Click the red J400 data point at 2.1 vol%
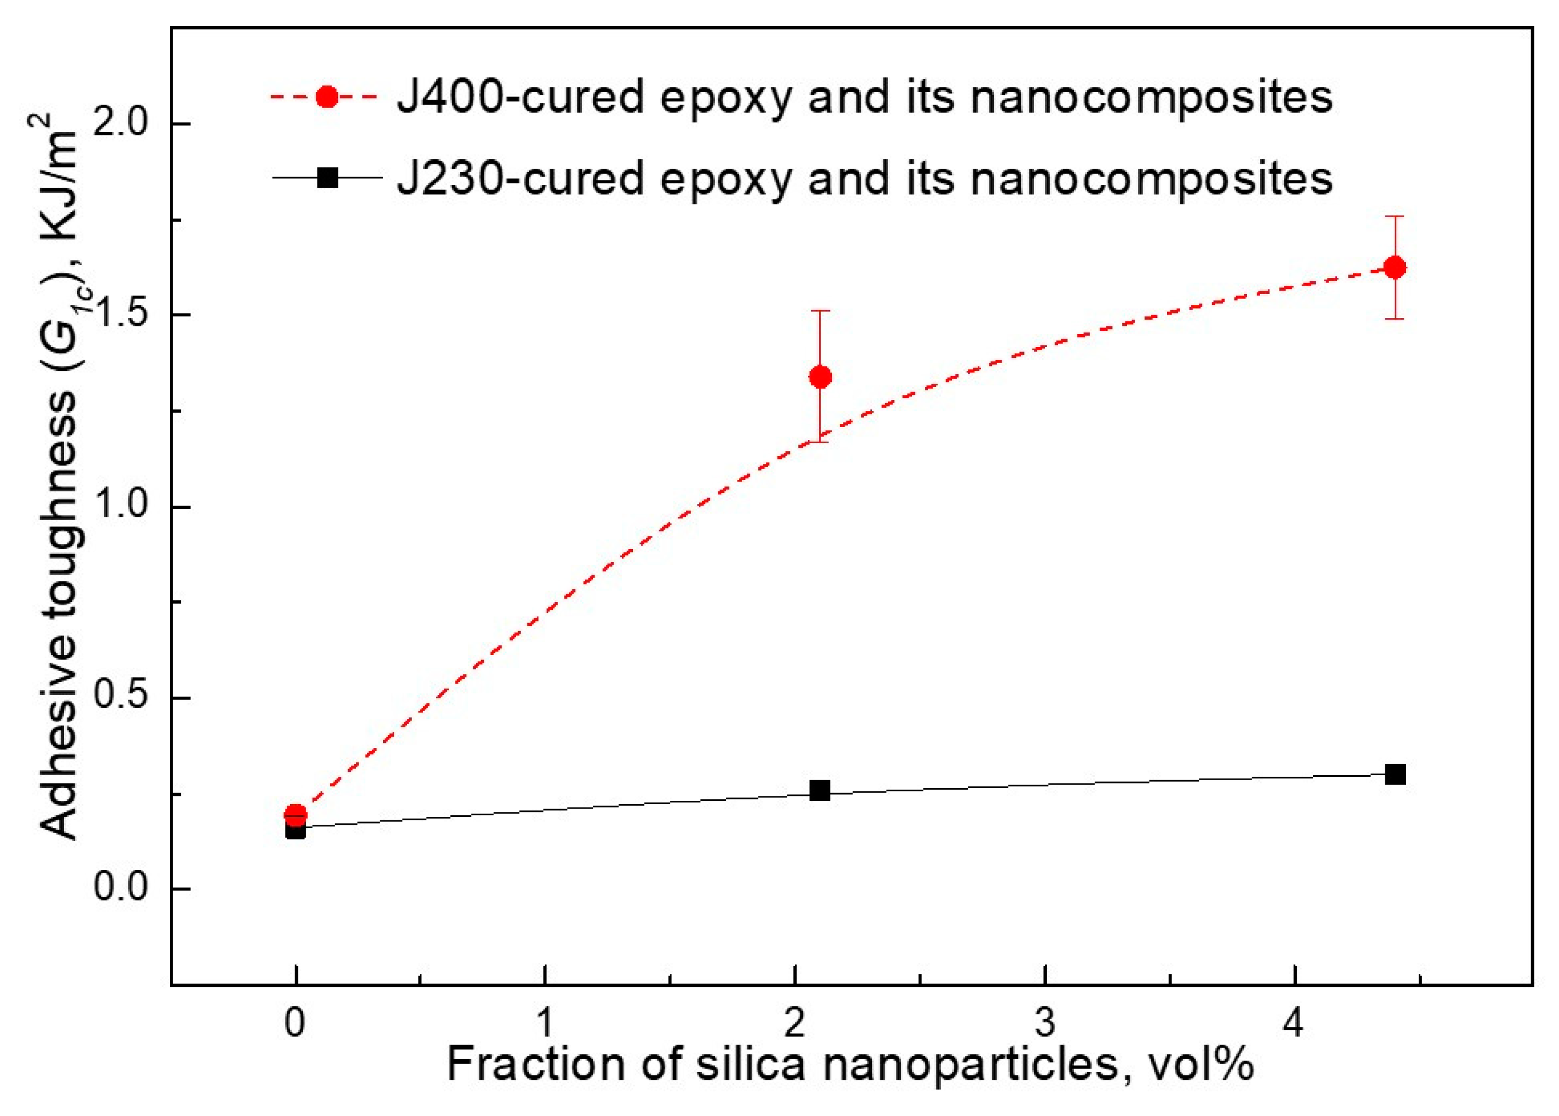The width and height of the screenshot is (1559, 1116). [x=820, y=376]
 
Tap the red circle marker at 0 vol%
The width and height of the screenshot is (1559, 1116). [x=296, y=815]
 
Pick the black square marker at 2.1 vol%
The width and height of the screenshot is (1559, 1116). [x=820, y=791]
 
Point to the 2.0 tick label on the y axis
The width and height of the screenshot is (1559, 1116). [x=121, y=124]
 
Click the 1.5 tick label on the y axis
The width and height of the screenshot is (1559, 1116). [x=121, y=315]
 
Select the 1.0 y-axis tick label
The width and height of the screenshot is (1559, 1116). [x=121, y=506]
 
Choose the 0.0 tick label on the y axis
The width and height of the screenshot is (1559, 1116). [x=121, y=889]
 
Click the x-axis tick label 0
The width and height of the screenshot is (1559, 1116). [x=296, y=1025]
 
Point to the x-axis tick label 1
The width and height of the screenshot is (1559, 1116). [x=545, y=1025]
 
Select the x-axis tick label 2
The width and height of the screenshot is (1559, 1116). [x=795, y=1025]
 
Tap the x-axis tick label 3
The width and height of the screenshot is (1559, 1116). [x=1045, y=1025]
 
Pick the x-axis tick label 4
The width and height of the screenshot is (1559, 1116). [x=1295, y=1025]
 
